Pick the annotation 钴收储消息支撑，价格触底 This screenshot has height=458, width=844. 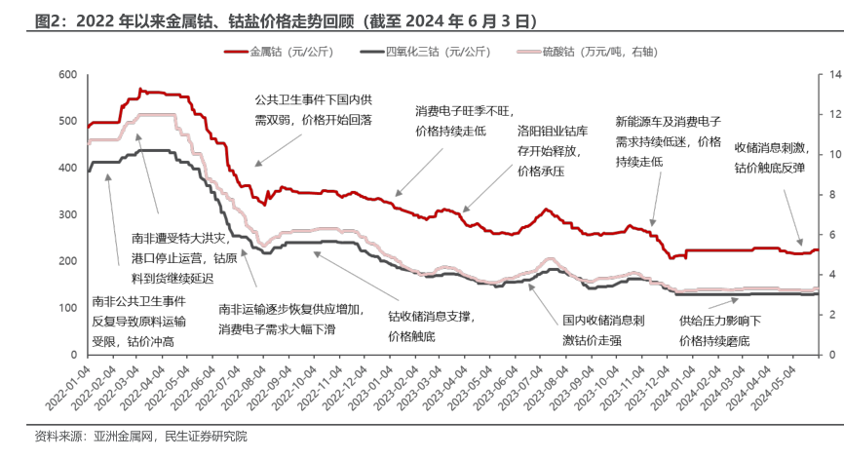[430, 325]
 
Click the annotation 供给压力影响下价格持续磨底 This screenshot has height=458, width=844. [721, 329]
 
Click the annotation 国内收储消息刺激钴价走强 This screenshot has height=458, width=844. [604, 329]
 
